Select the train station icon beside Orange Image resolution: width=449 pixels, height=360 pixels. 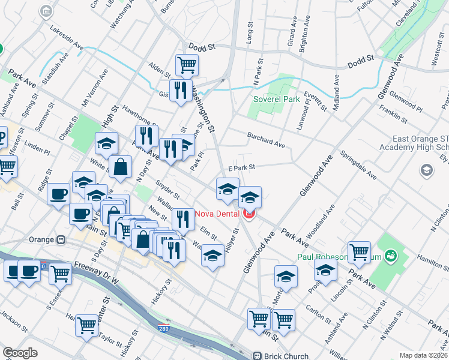61,239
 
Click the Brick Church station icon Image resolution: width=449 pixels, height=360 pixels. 259,356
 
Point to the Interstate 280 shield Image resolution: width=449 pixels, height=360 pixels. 172,329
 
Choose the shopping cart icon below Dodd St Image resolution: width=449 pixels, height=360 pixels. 187,64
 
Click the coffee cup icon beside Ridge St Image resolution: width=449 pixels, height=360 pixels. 59,194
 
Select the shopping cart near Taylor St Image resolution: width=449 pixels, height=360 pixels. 88,325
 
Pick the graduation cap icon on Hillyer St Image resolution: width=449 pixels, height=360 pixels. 212,256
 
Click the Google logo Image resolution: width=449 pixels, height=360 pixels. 20,353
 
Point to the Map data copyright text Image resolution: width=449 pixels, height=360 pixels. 423,355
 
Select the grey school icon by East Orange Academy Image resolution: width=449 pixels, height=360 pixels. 426,170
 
